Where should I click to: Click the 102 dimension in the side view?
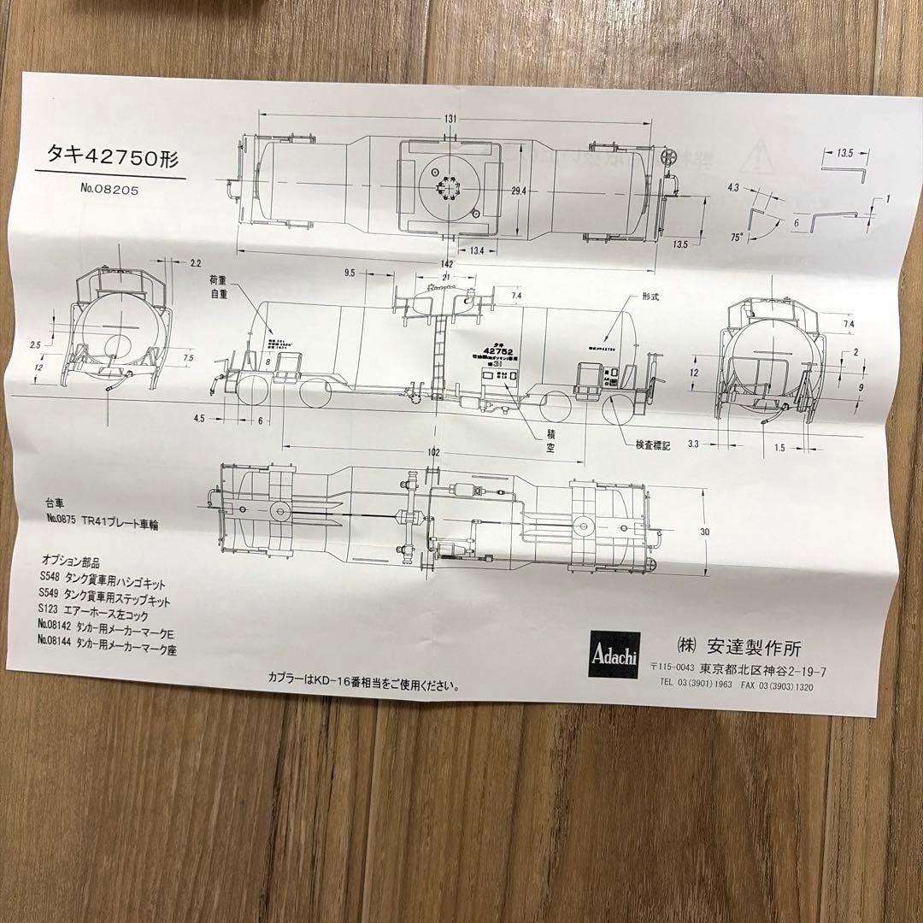tap(434, 451)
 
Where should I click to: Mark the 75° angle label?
tap(737, 234)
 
